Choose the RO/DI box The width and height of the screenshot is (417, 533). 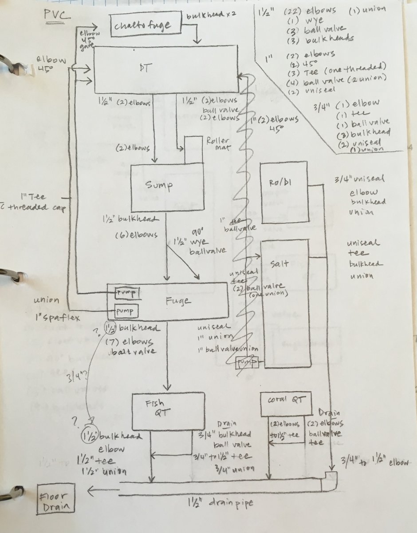[x=283, y=192]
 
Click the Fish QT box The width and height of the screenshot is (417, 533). [x=168, y=410]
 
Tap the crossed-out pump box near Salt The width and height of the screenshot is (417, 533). [x=247, y=363]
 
